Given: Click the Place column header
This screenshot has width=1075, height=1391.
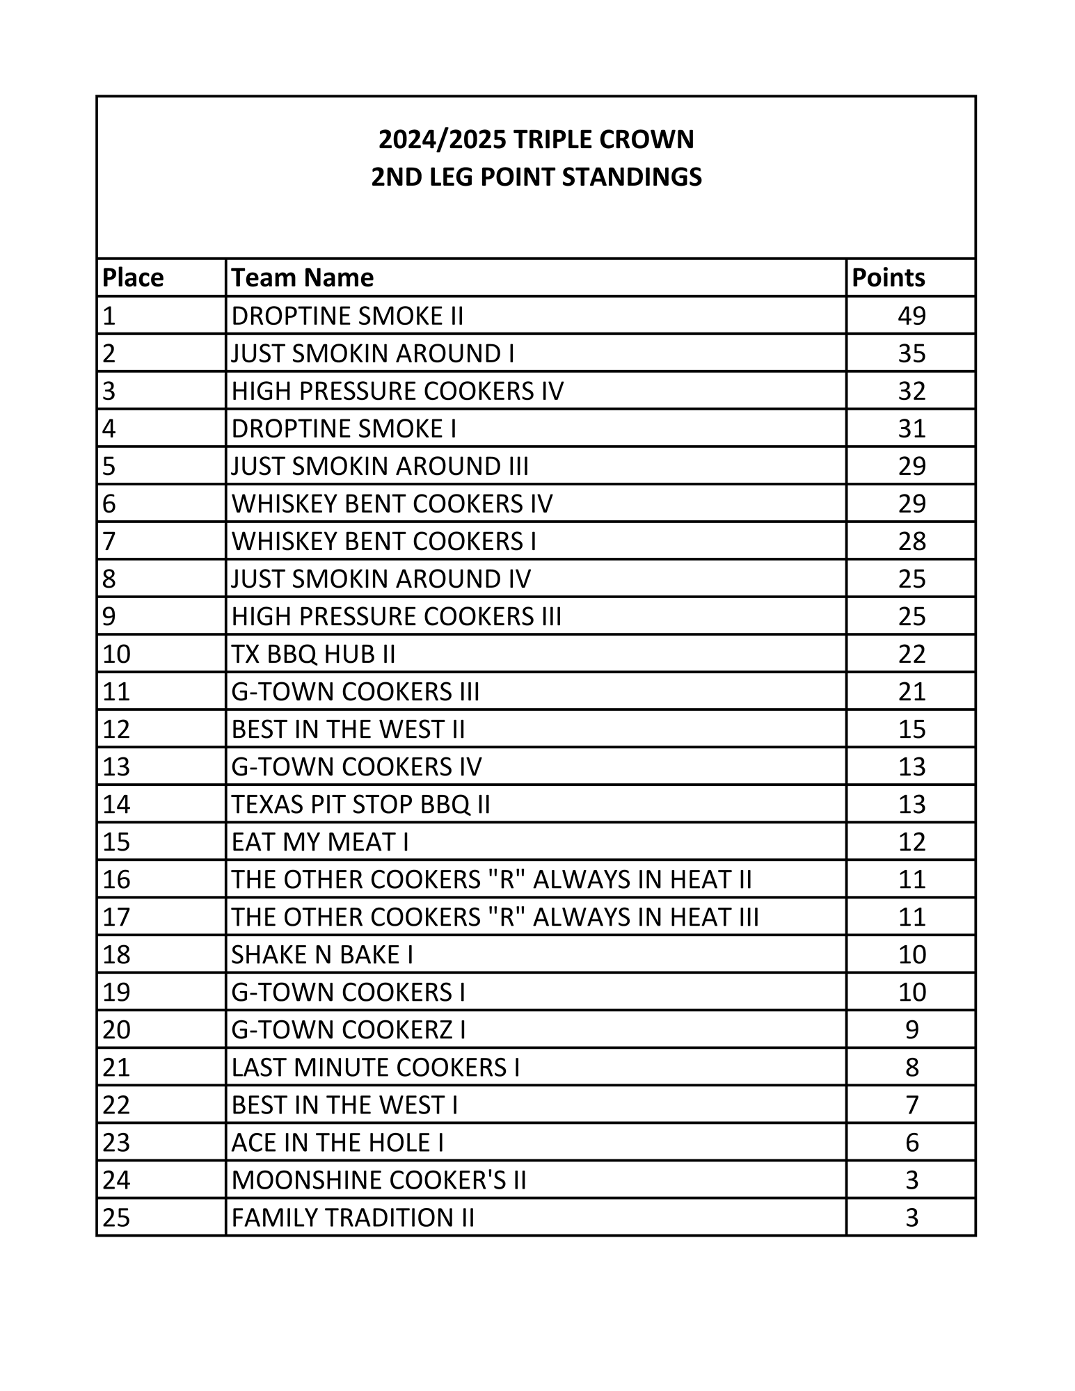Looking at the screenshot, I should (133, 278).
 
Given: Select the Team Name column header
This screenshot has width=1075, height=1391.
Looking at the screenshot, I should (302, 278).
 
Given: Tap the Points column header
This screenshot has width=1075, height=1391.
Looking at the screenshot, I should (889, 278).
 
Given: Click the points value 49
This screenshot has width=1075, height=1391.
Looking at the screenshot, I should (911, 316).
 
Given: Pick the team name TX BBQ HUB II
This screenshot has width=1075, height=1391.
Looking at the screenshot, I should (313, 654).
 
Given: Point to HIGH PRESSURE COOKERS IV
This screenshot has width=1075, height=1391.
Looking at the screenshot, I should (397, 391).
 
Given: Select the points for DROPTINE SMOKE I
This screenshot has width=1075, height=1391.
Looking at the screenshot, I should (911, 428).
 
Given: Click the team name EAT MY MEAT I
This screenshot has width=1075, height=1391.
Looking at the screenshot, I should (319, 842).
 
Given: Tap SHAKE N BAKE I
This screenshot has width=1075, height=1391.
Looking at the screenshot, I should (322, 954).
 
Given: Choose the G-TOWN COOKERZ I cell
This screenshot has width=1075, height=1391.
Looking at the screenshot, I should (349, 1029).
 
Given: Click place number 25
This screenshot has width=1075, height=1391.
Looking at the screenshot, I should (116, 1217).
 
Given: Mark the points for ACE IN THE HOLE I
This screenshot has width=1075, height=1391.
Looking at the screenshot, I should (911, 1142).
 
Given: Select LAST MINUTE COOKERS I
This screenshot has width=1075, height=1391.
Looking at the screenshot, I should (376, 1067).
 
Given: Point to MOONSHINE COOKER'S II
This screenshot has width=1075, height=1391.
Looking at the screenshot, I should (379, 1180).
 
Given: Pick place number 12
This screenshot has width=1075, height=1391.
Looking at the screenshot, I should (116, 729).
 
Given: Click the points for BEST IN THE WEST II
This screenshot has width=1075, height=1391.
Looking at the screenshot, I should (911, 729).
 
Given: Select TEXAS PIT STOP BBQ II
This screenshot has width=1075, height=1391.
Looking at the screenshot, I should (360, 804).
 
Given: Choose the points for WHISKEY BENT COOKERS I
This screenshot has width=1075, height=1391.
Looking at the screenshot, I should (911, 541).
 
